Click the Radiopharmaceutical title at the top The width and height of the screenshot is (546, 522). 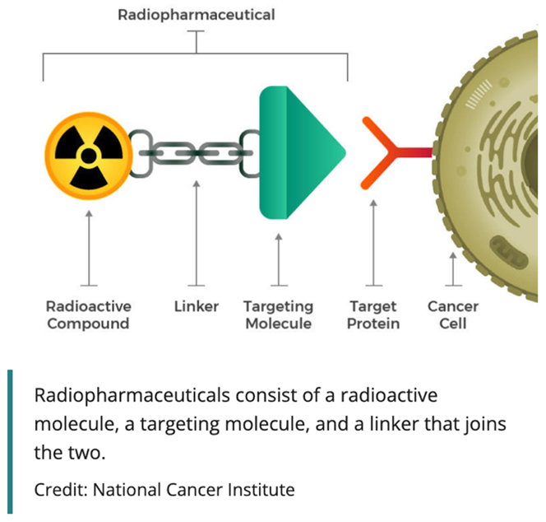[196, 15]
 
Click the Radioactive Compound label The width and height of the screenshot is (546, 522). [88, 315]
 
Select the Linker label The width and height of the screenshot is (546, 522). [197, 306]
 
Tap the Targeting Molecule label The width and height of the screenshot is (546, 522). [278, 315]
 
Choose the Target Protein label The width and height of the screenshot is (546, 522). [373, 315]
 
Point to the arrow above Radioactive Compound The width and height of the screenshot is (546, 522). [89, 247]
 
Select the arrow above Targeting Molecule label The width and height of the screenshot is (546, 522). [278, 259]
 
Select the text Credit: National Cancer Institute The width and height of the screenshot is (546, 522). [164, 490]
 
